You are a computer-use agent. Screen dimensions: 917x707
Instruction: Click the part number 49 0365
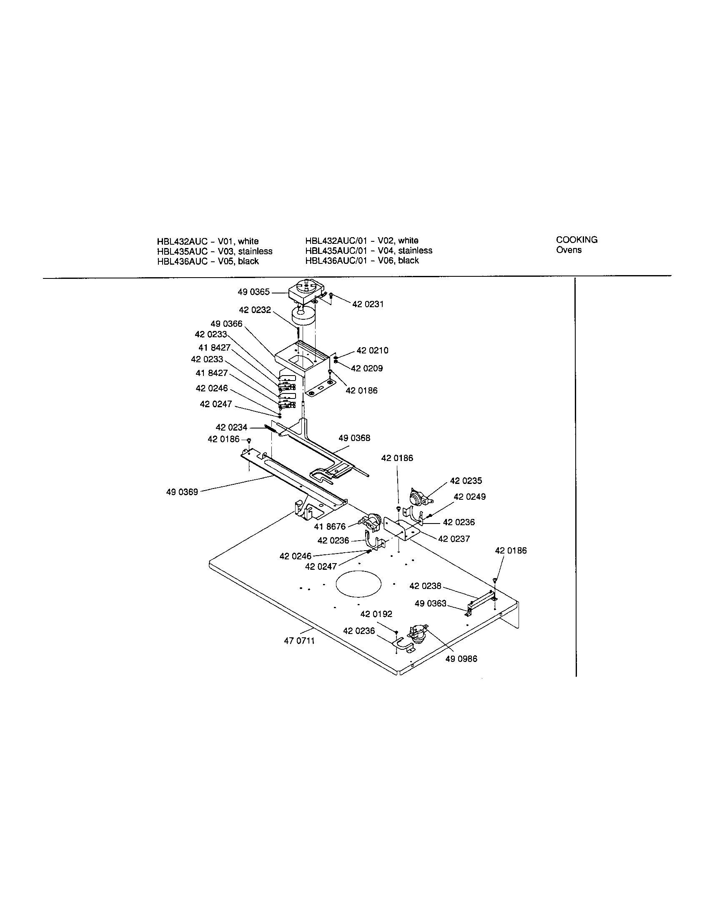point(253,292)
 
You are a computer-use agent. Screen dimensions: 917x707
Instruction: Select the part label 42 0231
point(368,304)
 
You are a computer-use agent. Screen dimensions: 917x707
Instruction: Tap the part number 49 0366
point(226,324)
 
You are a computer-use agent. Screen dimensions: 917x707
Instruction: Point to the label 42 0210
point(372,350)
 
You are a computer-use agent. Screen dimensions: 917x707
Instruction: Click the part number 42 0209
point(367,368)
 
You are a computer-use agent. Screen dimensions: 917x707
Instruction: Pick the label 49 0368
point(354,438)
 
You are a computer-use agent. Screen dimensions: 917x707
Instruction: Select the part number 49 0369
point(182,492)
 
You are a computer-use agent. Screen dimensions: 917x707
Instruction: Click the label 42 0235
point(466,481)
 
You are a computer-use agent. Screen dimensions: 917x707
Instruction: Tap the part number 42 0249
point(470,497)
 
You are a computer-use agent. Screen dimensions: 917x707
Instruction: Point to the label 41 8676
point(330,526)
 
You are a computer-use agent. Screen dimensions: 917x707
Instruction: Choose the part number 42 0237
point(454,539)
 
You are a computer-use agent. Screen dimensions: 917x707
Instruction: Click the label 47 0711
point(299,641)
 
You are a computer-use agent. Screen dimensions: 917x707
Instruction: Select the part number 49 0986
point(461,659)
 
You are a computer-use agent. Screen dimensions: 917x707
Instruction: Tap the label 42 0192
point(376,614)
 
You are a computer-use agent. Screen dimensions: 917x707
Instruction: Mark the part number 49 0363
point(430,604)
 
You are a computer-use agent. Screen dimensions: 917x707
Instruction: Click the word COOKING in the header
point(577,240)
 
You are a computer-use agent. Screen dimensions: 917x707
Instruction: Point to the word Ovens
point(569,250)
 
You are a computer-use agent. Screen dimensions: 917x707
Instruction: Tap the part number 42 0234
point(231,427)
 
